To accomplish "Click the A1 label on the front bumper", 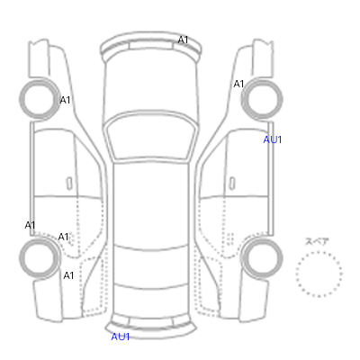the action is [x=183, y=40].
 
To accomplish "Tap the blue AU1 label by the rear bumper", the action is [x=121, y=337].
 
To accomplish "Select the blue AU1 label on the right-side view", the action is [x=273, y=139].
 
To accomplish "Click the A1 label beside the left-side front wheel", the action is [x=65, y=100].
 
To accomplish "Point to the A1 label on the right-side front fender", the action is [x=238, y=84].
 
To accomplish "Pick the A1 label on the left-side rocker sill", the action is [x=30, y=225].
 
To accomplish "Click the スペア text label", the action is [x=317, y=241].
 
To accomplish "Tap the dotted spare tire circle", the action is [x=319, y=252].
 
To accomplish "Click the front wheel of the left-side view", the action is [x=40, y=99].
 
